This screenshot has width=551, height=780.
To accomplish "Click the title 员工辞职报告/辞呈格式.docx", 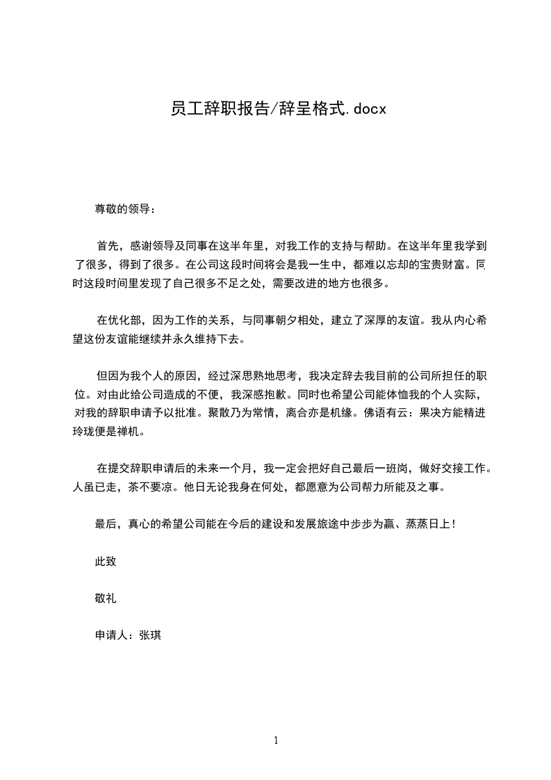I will pos(277,109).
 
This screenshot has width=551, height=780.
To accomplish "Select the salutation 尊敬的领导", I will pos(122,208).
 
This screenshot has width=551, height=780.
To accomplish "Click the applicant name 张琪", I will pos(150,635).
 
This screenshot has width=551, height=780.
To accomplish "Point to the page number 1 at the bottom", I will pos(276,740).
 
